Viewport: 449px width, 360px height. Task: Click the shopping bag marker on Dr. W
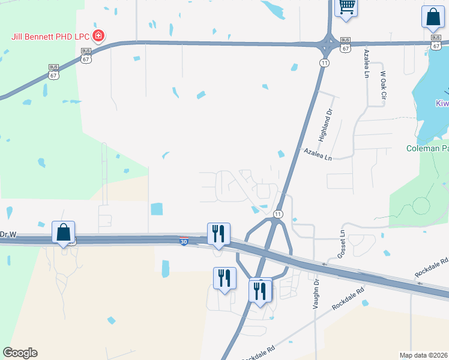64,233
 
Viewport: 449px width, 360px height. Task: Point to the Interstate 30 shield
183,241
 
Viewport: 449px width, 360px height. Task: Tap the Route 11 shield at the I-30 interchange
279,214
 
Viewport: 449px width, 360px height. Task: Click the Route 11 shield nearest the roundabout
324,62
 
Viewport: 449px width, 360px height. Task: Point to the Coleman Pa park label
427,148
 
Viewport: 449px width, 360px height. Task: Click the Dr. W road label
7,235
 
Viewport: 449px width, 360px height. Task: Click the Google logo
20,353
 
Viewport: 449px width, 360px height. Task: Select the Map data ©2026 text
423,355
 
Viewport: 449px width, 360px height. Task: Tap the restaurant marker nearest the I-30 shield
217,233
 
